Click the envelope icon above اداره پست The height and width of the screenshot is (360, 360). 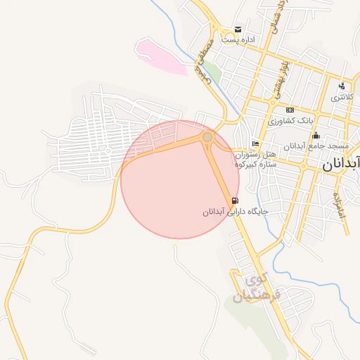point(238,30)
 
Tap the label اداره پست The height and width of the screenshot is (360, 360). point(238,40)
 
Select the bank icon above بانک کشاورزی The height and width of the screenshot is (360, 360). point(290,110)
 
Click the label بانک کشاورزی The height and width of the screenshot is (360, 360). point(290,121)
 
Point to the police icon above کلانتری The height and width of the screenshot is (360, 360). point(342,86)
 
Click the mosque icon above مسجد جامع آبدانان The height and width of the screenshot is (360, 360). point(316,135)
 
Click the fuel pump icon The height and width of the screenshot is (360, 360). point(233,200)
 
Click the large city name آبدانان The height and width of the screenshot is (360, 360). point(341,165)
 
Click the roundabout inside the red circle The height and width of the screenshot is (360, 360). point(207,137)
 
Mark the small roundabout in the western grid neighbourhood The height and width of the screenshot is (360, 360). point(108,150)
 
